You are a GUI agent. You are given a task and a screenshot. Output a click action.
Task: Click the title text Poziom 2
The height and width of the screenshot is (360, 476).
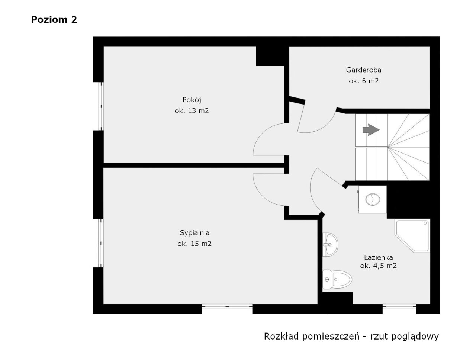54,20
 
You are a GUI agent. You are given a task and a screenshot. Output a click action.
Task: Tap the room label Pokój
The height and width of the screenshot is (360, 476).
192,100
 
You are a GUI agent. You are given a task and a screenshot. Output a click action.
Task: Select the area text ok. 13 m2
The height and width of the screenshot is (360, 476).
192,110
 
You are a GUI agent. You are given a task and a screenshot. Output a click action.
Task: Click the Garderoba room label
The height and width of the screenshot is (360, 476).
364,70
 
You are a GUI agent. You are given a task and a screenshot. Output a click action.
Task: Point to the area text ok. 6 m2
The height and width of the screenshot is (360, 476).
364,81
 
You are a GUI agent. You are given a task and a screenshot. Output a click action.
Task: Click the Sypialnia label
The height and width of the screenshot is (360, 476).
194,233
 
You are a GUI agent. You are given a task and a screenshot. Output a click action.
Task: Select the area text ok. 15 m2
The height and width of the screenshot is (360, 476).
194,244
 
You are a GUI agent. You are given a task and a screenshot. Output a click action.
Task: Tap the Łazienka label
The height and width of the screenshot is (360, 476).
378,257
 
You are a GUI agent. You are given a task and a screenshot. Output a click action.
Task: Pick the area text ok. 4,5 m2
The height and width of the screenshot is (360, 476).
378,266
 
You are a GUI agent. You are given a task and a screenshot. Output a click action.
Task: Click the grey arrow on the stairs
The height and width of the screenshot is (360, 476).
371,129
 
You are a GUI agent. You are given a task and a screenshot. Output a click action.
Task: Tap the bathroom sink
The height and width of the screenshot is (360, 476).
330,244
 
